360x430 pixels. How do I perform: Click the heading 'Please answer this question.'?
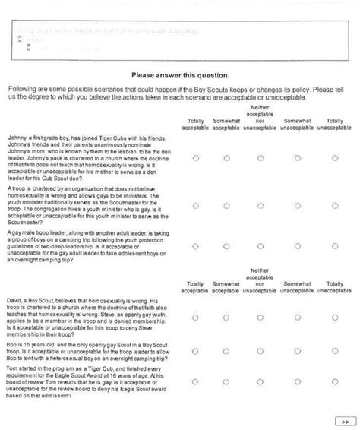(x=179, y=76)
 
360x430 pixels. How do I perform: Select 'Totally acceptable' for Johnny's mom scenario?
(x=196, y=159)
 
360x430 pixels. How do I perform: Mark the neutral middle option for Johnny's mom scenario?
(x=260, y=159)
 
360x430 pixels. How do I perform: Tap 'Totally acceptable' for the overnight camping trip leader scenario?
(x=196, y=246)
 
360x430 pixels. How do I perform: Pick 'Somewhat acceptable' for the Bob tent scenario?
(x=225, y=351)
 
